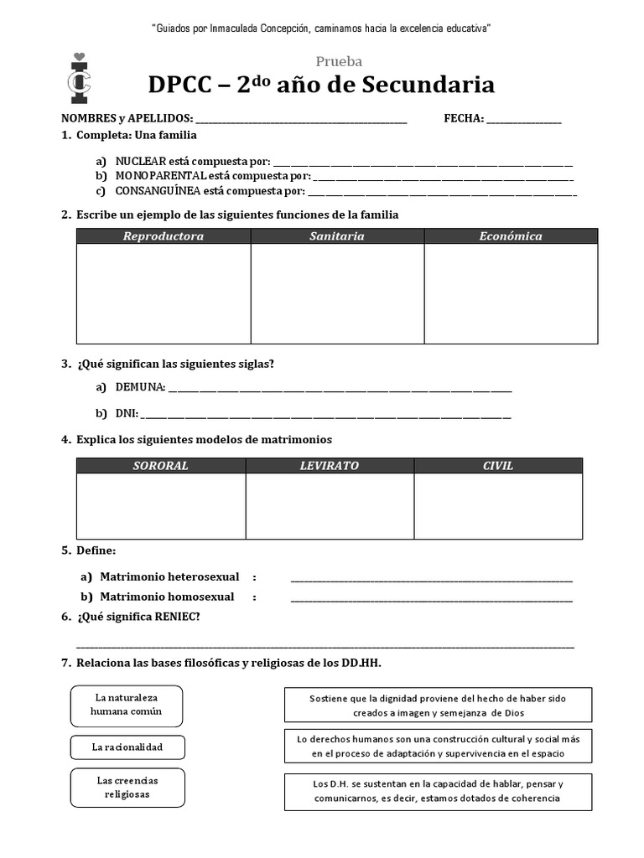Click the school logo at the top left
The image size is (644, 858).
pos(80,79)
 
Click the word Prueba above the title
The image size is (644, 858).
pos(339,61)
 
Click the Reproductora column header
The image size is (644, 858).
pos(164,236)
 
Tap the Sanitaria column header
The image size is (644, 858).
pos(337,236)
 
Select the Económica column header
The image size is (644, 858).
pos(511,236)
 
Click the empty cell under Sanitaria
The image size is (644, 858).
pos(337,293)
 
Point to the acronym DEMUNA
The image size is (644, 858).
pos(140,387)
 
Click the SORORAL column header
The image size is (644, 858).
pos(161,466)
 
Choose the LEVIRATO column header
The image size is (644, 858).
pos(330,466)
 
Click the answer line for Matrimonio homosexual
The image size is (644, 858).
pos(432,598)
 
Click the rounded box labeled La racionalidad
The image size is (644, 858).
pos(127,747)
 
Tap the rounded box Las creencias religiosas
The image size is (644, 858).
pos(127,787)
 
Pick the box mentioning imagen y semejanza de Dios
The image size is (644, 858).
pos(438,705)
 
